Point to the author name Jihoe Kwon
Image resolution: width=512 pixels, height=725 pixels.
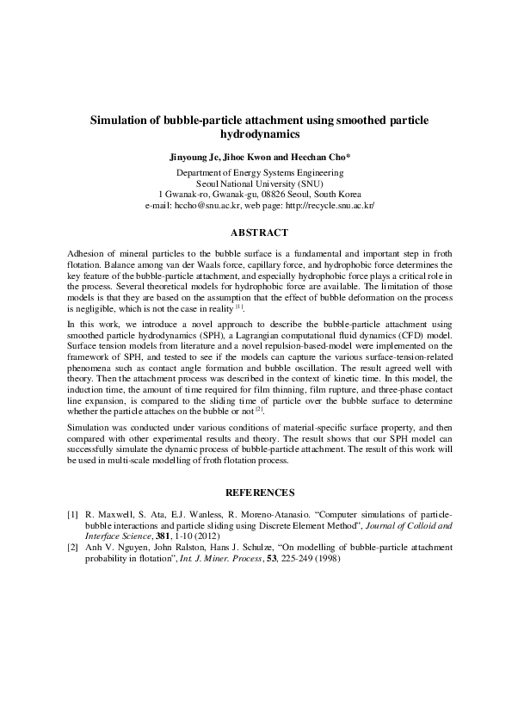[x=250, y=159]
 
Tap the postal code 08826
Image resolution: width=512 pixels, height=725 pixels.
[x=275, y=195]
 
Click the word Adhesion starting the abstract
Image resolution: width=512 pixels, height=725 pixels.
[x=83, y=256]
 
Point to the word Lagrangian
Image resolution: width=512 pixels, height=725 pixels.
[x=281, y=355]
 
